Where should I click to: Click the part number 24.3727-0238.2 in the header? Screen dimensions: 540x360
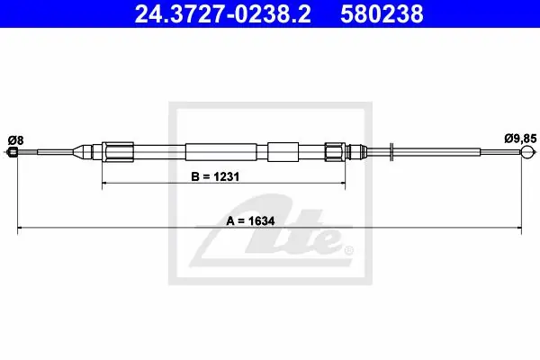click(x=223, y=14)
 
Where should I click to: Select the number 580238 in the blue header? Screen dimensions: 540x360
click(x=382, y=14)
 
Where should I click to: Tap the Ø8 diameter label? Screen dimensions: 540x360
click(x=16, y=140)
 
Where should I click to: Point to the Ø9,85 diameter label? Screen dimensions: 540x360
click(x=520, y=139)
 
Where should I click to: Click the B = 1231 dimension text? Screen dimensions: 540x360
click(x=215, y=176)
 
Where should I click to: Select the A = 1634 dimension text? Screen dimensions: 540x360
click(x=250, y=220)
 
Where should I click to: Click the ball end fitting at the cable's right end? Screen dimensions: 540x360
click(x=527, y=151)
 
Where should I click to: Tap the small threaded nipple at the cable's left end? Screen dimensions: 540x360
click(x=13, y=151)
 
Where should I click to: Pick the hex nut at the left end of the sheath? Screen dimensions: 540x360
click(x=118, y=151)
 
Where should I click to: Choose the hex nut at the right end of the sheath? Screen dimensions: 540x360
click(x=335, y=151)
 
